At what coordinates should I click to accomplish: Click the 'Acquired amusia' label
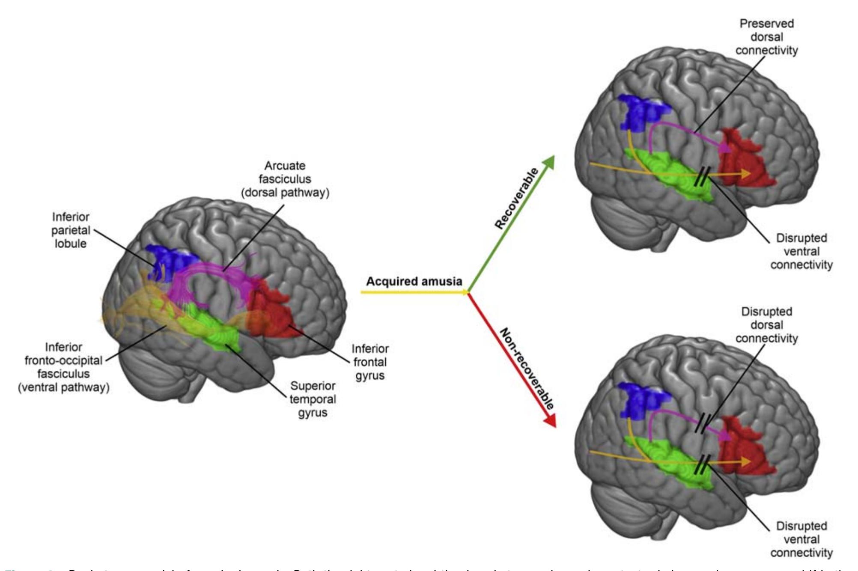pyautogui.click(x=414, y=282)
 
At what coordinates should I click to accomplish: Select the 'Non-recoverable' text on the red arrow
pyautogui.click(x=527, y=368)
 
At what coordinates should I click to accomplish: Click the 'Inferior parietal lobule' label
pyautogui.click(x=71, y=230)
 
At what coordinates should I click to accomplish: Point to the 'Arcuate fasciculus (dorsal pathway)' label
pyautogui.click(x=285, y=179)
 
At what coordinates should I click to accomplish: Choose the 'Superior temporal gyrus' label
pyautogui.click(x=313, y=399)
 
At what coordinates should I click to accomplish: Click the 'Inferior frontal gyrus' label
pyautogui.click(x=370, y=362)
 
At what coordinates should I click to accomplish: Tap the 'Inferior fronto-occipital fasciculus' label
pyautogui.click(x=63, y=367)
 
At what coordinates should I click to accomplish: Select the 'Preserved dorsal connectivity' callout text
pyautogui.click(x=766, y=37)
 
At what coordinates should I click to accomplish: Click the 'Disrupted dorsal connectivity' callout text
pyautogui.click(x=766, y=325)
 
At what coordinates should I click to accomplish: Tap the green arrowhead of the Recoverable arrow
pyautogui.click(x=549, y=161)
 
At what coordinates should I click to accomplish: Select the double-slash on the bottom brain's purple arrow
pyautogui.click(x=703, y=424)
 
